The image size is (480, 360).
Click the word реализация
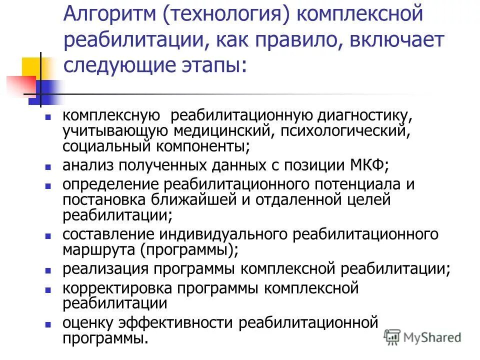point(105,268)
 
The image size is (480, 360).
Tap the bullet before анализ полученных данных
point(48,166)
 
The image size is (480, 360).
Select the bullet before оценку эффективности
point(48,324)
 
